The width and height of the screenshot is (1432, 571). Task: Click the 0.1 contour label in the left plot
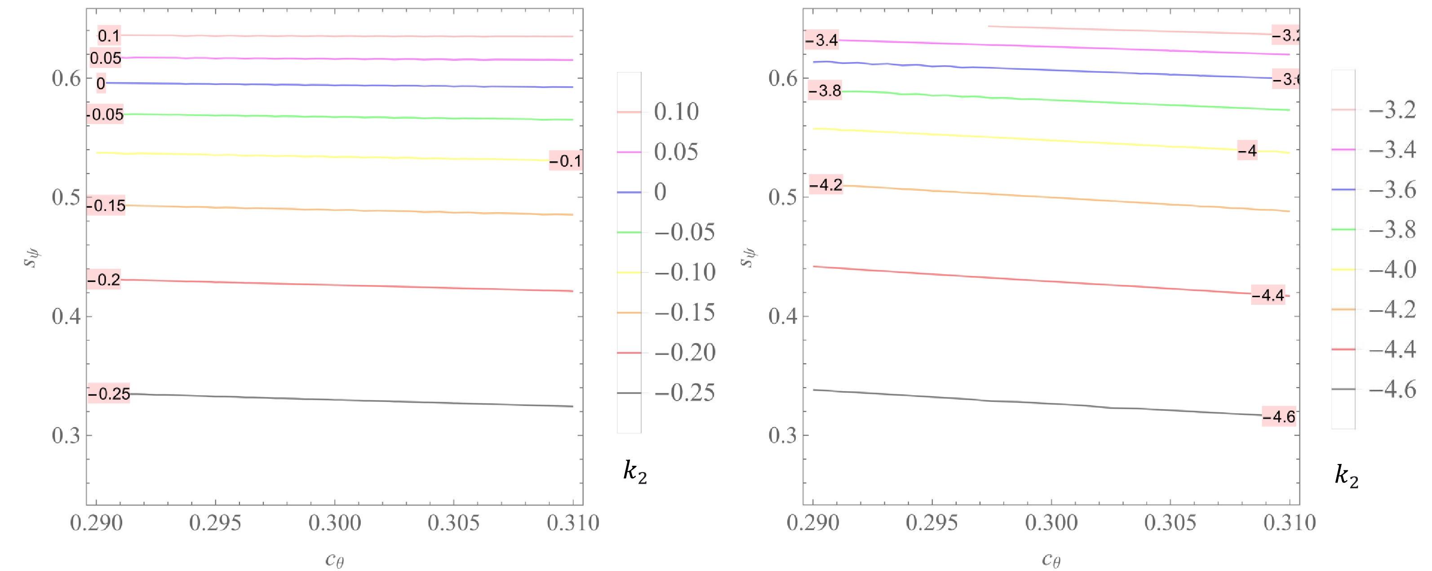(109, 36)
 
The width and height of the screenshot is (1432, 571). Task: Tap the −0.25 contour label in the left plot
(109, 394)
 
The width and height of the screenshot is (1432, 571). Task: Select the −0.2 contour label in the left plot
(104, 279)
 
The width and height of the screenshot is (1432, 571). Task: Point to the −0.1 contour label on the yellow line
(565, 161)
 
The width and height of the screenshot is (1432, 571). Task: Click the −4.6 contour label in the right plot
(1279, 416)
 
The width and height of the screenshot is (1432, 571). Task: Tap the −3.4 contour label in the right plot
(822, 40)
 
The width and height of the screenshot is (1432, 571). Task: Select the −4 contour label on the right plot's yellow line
(1247, 150)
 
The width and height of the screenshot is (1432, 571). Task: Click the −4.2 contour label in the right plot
(826, 185)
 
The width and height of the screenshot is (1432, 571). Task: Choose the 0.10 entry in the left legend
(676, 112)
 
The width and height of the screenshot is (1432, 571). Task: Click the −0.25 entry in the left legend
(685, 393)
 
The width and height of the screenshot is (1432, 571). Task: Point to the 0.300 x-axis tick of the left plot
(335, 522)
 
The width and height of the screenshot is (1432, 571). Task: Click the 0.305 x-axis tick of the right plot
(1170, 522)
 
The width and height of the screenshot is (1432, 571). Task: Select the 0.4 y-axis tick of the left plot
(66, 317)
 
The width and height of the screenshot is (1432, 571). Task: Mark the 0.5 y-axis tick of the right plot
(783, 197)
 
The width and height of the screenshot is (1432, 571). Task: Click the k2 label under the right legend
(1346, 477)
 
